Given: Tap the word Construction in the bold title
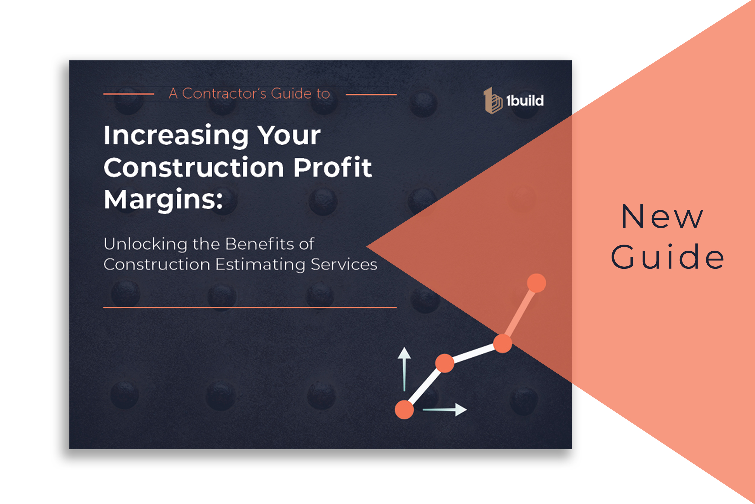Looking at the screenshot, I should point(194,168).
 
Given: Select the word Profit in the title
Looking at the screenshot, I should point(333,168).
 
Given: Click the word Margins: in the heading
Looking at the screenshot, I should point(163,200).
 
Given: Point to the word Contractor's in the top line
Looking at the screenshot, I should point(224,94).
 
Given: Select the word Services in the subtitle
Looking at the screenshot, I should point(344,265).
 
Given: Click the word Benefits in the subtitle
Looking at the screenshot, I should point(260,244).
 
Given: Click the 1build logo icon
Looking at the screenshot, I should point(492,101).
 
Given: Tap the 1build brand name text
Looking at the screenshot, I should point(525,101).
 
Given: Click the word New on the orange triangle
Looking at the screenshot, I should point(662,217).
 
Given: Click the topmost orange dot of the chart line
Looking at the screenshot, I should point(536,283).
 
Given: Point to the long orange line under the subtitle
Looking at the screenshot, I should point(250,307).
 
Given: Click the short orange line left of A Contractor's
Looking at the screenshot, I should point(129,94).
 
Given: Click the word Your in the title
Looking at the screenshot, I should point(289,136).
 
